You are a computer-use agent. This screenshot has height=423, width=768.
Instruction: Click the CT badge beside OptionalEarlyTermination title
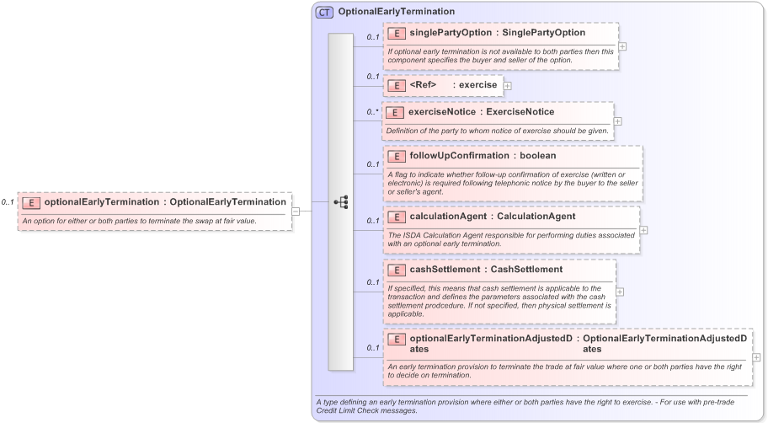point(324,12)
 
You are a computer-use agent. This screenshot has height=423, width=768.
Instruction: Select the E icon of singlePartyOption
point(397,33)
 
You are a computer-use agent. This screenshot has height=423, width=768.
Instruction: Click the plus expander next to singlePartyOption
point(622,46)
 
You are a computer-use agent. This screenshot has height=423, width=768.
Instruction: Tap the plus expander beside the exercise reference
point(508,85)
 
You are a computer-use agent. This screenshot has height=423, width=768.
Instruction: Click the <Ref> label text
point(423,85)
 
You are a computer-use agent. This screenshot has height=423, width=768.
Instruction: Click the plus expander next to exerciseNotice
point(618,121)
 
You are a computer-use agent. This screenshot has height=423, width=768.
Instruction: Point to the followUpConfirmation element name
point(459,156)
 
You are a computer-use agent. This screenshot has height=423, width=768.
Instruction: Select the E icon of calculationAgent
point(397,217)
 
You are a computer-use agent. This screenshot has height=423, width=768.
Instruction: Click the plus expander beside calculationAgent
point(643,229)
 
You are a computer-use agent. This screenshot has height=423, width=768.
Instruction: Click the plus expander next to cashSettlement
point(620,292)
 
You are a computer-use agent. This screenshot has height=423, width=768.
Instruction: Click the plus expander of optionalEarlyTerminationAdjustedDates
point(756,357)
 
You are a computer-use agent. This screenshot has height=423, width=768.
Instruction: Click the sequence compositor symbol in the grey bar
point(341,201)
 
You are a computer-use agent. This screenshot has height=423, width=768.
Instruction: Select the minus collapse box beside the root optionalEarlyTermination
point(296,211)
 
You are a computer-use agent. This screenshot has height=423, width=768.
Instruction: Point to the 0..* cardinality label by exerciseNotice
point(372,111)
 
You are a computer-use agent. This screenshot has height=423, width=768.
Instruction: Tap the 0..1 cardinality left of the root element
point(8,202)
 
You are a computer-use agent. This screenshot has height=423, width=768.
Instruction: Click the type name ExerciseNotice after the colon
point(523,112)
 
